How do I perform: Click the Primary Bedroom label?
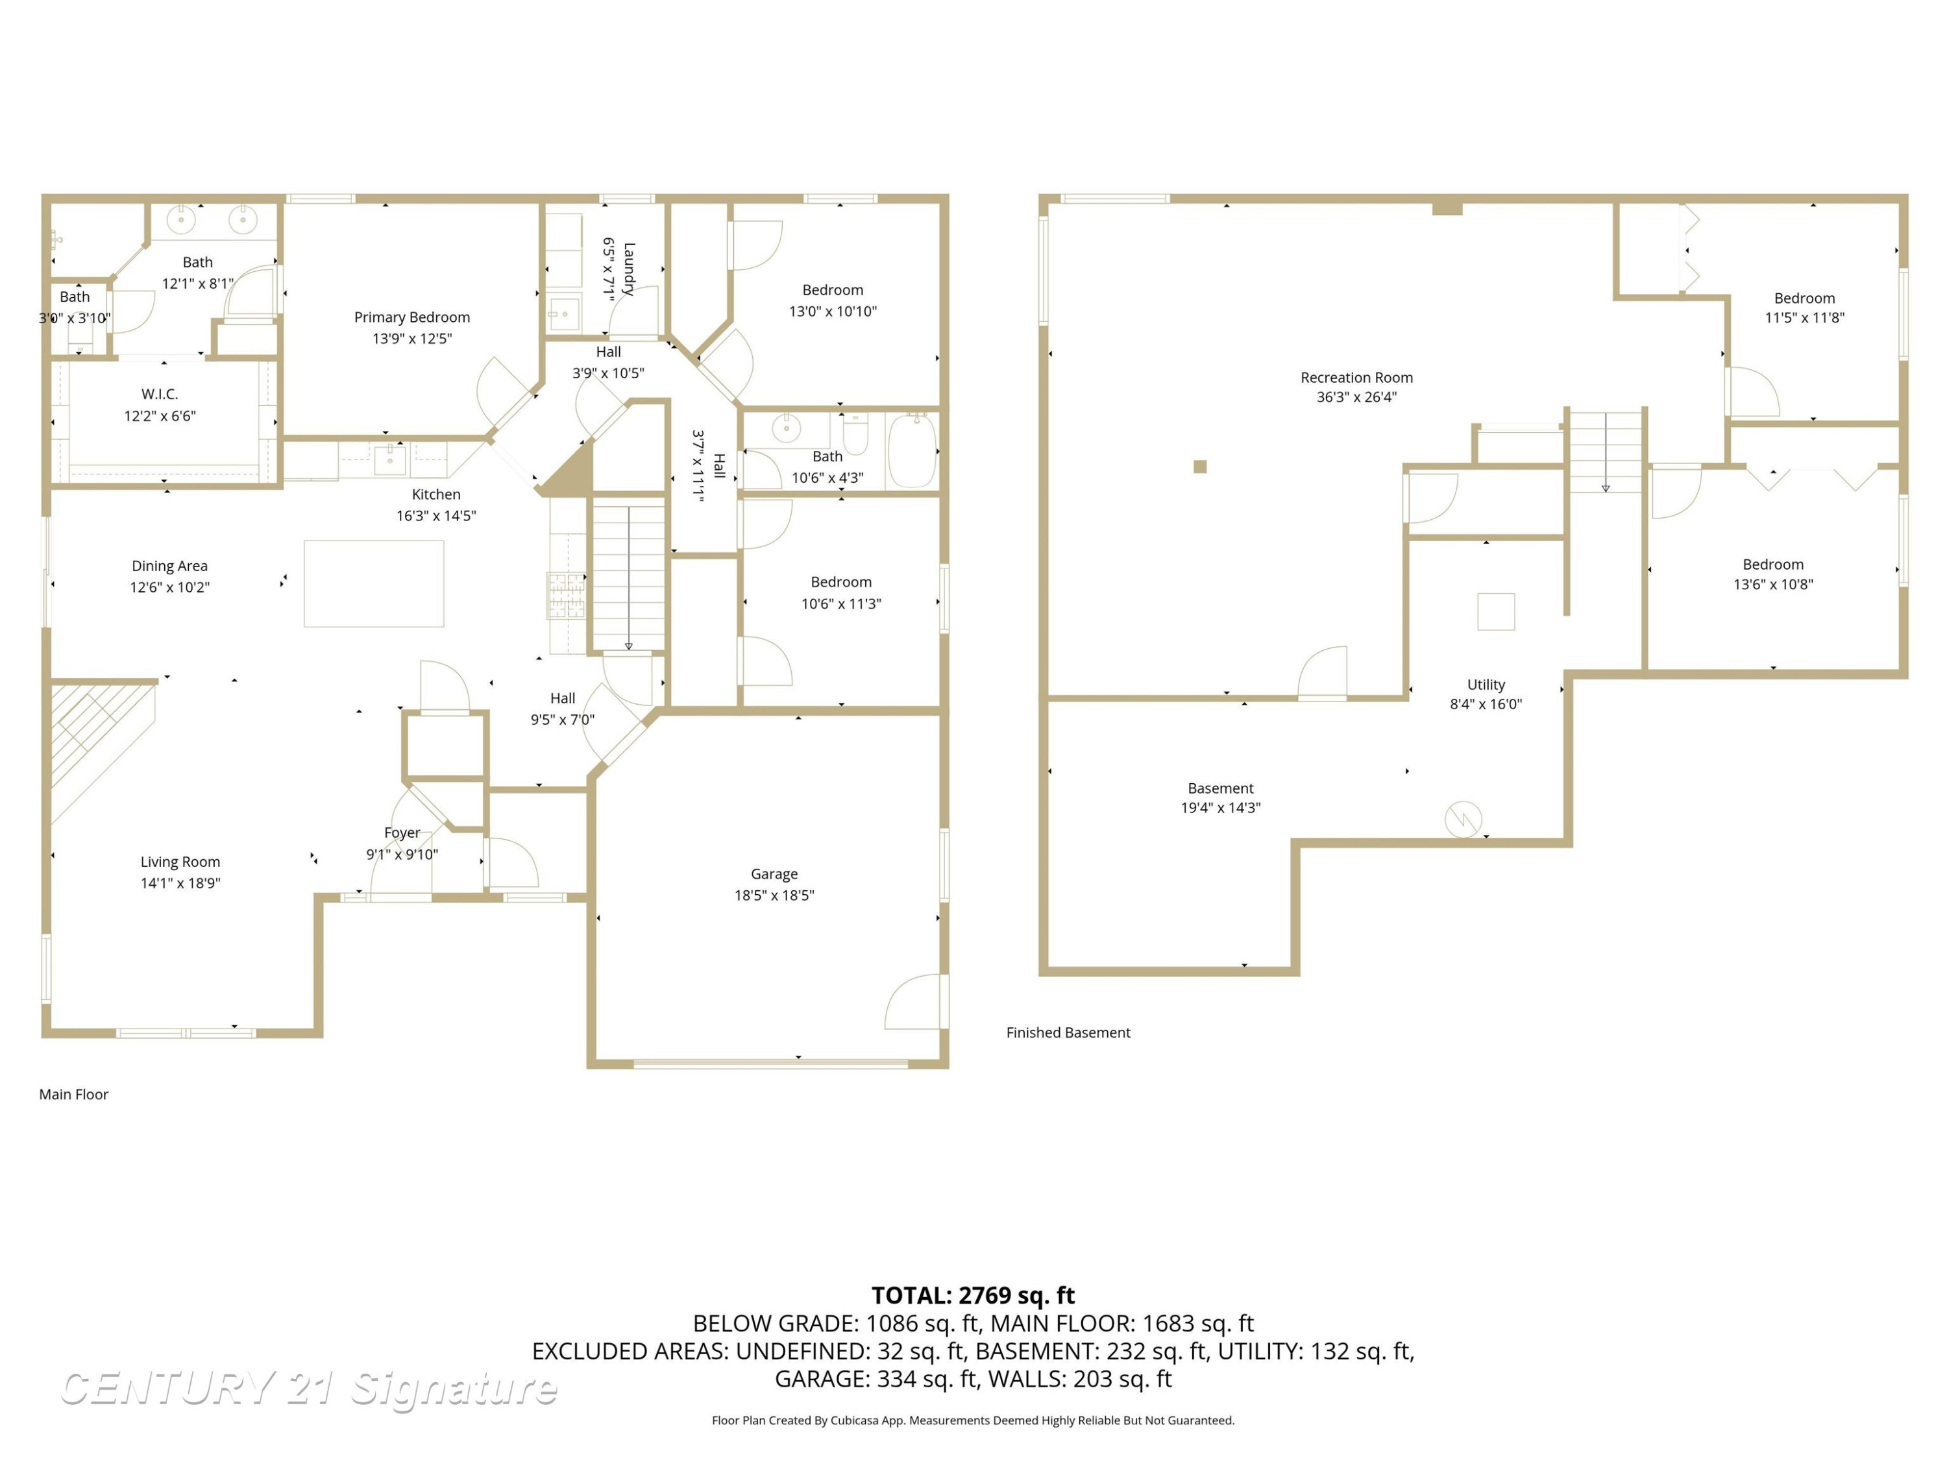pyautogui.click(x=412, y=317)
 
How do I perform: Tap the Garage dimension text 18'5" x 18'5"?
pyautogui.click(x=774, y=895)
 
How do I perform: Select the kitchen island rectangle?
pyautogui.click(x=374, y=583)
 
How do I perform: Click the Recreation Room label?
pyautogui.click(x=1356, y=378)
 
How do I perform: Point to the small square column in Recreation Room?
pyautogui.click(x=1200, y=467)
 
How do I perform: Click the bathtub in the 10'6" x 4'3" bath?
pyautogui.click(x=912, y=452)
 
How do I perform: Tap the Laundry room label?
pyautogui.click(x=628, y=269)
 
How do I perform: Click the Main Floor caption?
pyautogui.click(x=74, y=1094)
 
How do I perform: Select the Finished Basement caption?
pyautogui.click(x=1068, y=1032)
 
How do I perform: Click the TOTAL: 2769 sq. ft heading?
pyautogui.click(x=973, y=1295)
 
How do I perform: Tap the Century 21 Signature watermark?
pyautogui.click(x=308, y=1389)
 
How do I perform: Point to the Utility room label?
pyautogui.click(x=1486, y=684)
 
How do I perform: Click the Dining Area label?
pyautogui.click(x=170, y=566)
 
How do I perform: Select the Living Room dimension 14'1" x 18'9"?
pyautogui.click(x=180, y=882)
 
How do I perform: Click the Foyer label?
pyautogui.click(x=402, y=833)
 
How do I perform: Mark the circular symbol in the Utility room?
pyautogui.click(x=1463, y=820)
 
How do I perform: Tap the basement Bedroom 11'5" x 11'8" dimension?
pyautogui.click(x=1804, y=318)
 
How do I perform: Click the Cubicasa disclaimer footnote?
pyautogui.click(x=973, y=1420)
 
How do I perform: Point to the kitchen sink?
pyautogui.click(x=389, y=459)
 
